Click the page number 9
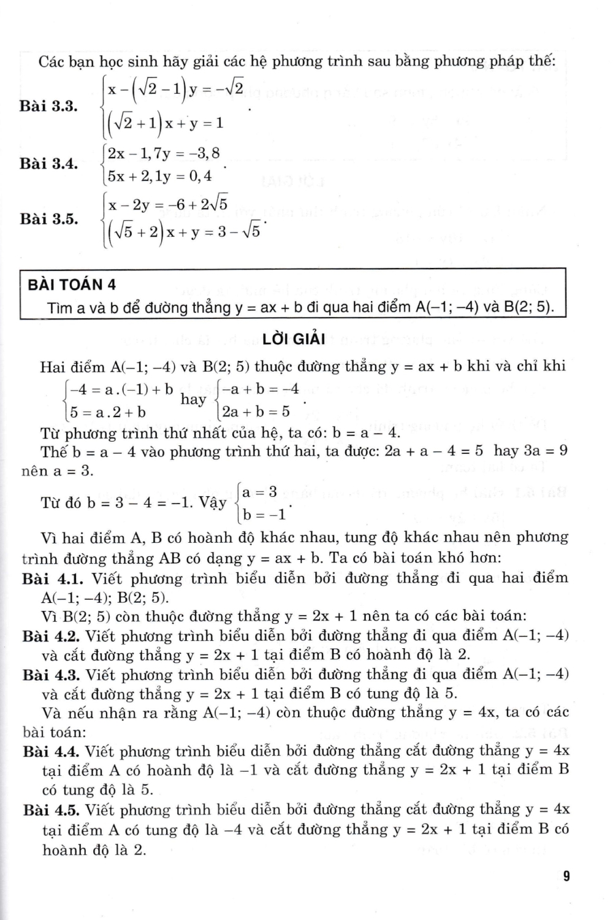566,876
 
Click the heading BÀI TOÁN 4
72,285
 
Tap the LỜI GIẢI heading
293,339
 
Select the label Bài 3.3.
48,106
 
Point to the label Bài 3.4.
48,164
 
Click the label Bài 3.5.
48,219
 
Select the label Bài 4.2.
52,636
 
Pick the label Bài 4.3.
52,675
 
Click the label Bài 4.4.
52,751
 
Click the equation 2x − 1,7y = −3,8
163,153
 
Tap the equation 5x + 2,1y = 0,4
159,177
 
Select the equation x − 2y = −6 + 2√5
168,205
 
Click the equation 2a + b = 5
256,412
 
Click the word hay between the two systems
194,400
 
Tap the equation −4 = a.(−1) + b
121,389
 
